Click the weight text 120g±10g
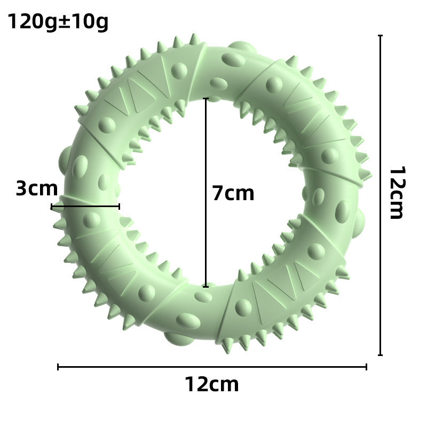[x=58, y=21]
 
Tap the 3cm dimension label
[x=36, y=188]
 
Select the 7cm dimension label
[x=233, y=193]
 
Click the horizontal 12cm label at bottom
[x=212, y=384]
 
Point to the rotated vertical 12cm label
[x=396, y=193]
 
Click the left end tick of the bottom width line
[x=58, y=367]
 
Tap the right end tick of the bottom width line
[x=366, y=367]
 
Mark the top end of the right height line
[x=380, y=36]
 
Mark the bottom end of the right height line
[x=380, y=354]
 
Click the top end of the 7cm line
[x=205, y=99]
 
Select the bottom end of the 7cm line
[x=205, y=286]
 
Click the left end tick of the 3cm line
[x=52, y=206]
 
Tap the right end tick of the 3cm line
[x=119, y=206]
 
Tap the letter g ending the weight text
[x=101, y=22]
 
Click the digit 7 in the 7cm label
[x=217, y=193]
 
